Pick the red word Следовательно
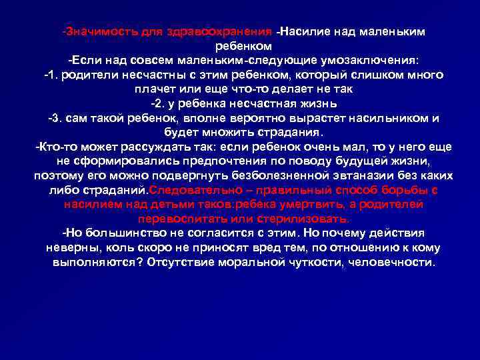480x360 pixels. click(196, 191)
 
